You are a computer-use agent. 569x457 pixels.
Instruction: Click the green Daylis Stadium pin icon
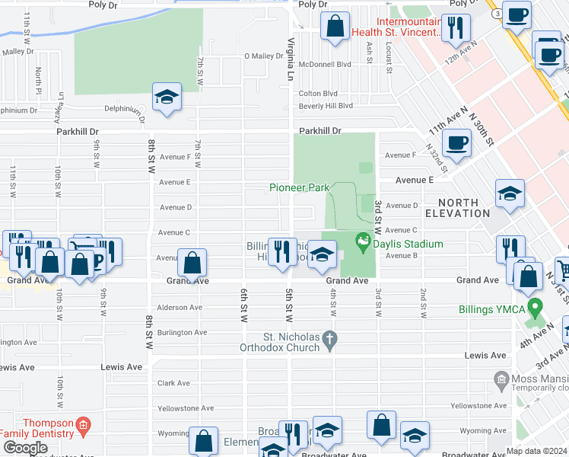362,244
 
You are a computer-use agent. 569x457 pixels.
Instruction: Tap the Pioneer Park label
298,187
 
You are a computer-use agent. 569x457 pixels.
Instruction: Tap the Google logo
24,448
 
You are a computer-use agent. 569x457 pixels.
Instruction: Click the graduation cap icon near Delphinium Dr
167,98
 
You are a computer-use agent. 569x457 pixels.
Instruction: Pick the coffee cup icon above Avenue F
456,143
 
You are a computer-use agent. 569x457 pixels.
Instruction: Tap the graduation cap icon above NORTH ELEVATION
510,194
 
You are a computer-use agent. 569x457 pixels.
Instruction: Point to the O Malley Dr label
263,56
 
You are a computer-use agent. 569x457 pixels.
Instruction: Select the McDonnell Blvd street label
325,65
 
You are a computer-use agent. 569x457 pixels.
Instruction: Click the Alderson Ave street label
180,308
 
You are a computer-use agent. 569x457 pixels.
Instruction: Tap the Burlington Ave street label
182,332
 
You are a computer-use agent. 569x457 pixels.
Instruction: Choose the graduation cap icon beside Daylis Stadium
322,255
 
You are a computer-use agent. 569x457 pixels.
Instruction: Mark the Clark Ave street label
174,383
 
